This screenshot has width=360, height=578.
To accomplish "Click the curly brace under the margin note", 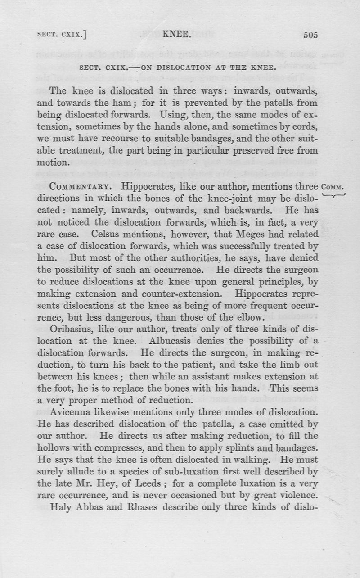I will [x=333, y=195].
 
